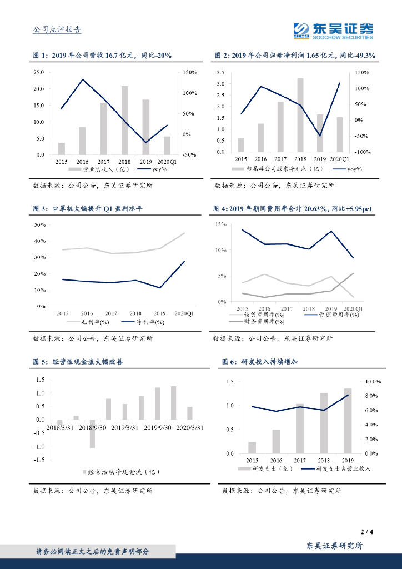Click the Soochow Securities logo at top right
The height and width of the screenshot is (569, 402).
pyautogui.click(x=333, y=31)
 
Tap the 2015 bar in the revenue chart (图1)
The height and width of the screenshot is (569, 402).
pyautogui.click(x=62, y=148)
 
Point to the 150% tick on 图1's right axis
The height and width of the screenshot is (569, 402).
pyautogui.click(x=190, y=72)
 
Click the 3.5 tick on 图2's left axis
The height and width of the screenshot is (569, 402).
pyautogui.click(x=220, y=72)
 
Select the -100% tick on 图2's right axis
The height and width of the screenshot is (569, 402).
pyautogui.click(x=363, y=152)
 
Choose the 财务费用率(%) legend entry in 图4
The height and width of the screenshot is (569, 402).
pyautogui.click(x=256, y=321)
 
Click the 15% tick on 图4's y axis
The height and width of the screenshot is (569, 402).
pyautogui.click(x=220, y=224)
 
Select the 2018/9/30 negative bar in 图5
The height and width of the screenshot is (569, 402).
pyautogui.click(x=92, y=433)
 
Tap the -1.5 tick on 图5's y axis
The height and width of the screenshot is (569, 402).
pyautogui.click(x=39, y=460)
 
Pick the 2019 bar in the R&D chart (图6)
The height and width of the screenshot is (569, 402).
pyautogui.click(x=348, y=421)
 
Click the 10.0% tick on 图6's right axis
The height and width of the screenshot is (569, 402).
pyautogui.click(x=371, y=382)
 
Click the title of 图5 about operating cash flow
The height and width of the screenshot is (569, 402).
pyautogui.click(x=78, y=362)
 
